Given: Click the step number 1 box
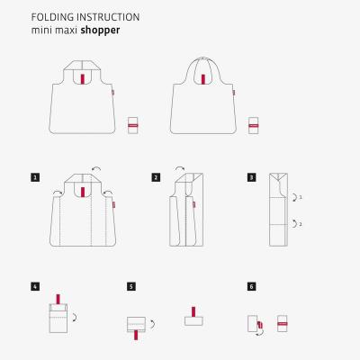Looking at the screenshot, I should point(34,177).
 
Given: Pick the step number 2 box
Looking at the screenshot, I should point(156,177).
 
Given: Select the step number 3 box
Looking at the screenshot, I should point(251,177).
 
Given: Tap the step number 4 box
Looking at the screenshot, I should point(34,286).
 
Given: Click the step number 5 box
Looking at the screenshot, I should point(131,286).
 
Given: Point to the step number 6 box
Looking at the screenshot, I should point(251,286).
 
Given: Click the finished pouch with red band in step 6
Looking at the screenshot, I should point(283,322).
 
